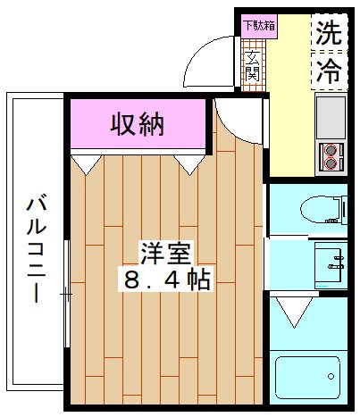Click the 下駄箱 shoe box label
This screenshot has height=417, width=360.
[259, 25]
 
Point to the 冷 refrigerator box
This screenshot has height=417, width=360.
[329, 71]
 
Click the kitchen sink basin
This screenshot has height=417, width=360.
[331, 116]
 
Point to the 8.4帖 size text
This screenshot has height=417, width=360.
[166, 279]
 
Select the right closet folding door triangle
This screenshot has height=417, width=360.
[189, 163]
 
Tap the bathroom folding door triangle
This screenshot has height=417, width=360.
[291, 313]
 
